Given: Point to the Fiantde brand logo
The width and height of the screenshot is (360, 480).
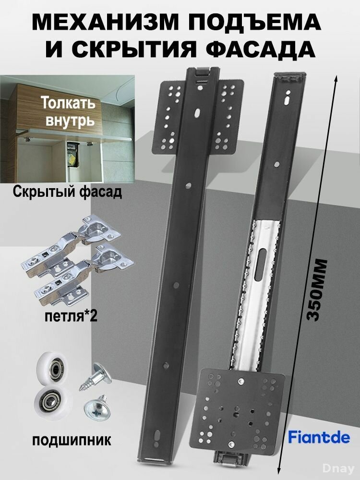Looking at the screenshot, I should pyautogui.click(x=319, y=437).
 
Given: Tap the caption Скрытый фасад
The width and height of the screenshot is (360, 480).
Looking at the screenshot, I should pyautogui.click(x=67, y=193).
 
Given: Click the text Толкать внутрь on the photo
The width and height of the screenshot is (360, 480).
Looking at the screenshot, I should pyautogui.click(x=68, y=111).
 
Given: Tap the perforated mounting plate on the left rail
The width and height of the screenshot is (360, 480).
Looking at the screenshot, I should pyautogui.click(x=198, y=115).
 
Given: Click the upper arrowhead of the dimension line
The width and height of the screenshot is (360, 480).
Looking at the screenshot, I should pyautogui.click(x=336, y=77).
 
